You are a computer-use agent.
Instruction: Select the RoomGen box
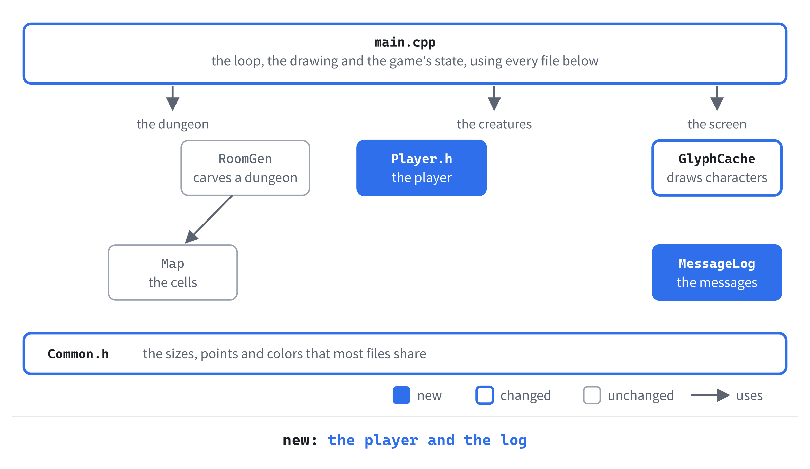tap(245, 168)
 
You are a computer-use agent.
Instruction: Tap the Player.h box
tap(422, 168)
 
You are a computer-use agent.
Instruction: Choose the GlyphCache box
tap(717, 168)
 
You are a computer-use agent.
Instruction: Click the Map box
tap(173, 272)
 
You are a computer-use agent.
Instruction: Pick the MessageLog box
tap(717, 272)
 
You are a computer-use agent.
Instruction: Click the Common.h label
tap(78, 354)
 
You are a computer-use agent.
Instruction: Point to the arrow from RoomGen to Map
tap(209, 219)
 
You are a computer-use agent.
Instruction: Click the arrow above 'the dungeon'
tap(173, 98)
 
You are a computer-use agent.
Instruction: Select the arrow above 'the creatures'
tap(494, 98)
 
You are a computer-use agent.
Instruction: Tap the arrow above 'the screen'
tap(717, 98)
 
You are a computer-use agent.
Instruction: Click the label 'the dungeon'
tap(173, 124)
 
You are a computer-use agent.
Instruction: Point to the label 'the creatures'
tap(494, 124)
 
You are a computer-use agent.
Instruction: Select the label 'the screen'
tap(717, 124)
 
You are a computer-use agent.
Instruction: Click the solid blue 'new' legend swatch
tap(401, 395)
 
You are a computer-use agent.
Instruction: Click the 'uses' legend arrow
tap(710, 395)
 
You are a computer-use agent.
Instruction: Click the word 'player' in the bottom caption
tap(391, 441)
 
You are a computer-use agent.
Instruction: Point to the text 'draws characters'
tap(717, 178)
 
